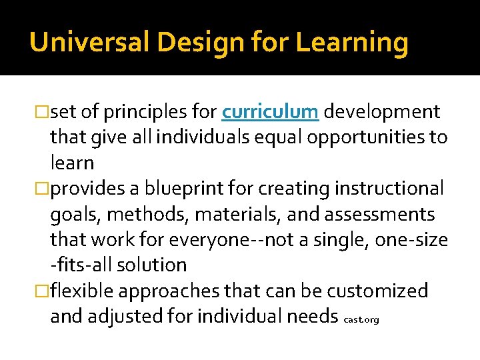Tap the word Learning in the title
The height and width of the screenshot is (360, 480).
(351, 43)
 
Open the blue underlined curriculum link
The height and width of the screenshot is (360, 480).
(271, 112)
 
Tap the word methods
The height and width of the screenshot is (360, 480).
(137, 214)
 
